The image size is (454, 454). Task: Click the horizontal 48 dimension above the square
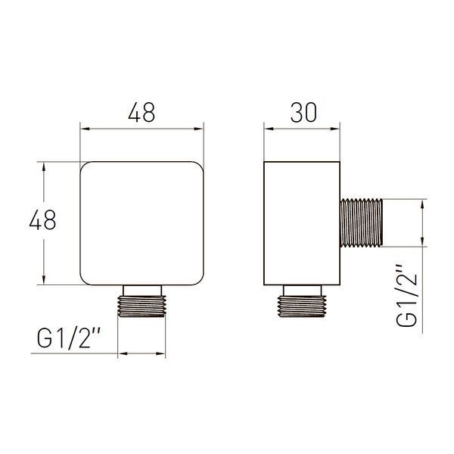tap(141, 112)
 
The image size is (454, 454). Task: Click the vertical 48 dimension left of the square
tap(42, 219)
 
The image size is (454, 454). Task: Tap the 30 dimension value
tap(303, 112)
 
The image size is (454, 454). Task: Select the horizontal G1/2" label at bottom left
tap(68, 339)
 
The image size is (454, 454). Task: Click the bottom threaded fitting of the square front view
tap(141, 306)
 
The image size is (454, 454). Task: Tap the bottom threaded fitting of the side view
tap(302, 306)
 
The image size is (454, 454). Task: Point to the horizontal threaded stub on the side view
tap(362, 223)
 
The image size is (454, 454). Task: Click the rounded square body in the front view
tap(142, 223)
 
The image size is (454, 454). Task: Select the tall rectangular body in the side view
tap(302, 223)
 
